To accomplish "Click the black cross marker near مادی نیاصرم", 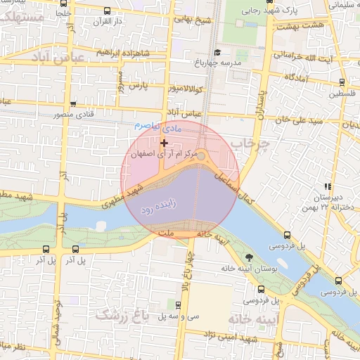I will coord(165,143).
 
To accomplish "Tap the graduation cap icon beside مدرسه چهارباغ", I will coord(217,52).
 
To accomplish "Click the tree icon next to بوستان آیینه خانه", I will coord(251,257).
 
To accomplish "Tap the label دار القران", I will coord(109,20).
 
